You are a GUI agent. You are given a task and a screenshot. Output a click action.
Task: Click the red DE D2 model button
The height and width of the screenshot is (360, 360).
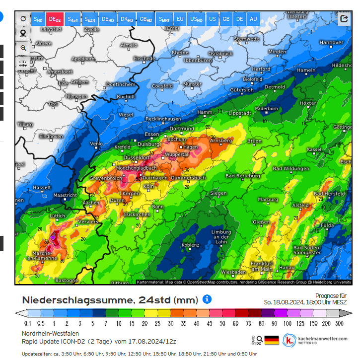(55, 19)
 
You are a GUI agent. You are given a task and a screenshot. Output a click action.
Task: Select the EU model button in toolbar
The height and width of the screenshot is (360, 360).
(180, 19)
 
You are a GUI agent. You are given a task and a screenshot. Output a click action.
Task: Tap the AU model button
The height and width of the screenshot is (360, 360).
(253, 19)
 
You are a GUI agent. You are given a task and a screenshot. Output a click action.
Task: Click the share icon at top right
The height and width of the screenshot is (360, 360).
(344, 19)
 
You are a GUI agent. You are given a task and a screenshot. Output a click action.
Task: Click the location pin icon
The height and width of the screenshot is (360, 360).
(23, 33)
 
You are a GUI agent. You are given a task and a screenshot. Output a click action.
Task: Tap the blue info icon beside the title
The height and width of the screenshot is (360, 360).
(207, 299)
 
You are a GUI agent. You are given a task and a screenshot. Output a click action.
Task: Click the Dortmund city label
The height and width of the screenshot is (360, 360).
(181, 129)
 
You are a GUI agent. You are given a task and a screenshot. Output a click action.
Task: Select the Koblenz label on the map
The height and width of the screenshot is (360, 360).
(190, 245)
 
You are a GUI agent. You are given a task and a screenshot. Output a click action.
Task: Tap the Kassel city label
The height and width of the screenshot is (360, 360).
(314, 149)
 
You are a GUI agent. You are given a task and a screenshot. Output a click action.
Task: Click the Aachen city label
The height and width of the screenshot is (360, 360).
(91, 203)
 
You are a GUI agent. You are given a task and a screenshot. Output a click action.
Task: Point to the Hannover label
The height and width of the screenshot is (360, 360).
(331, 43)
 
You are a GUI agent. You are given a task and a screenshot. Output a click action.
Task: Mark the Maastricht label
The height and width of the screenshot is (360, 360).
(65, 195)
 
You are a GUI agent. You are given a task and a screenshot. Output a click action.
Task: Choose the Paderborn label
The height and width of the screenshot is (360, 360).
(267, 108)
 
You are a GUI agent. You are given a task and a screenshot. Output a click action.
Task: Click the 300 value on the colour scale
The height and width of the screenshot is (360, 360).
(339, 323)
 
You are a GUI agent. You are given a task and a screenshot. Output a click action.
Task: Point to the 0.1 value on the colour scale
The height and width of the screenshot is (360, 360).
(28, 323)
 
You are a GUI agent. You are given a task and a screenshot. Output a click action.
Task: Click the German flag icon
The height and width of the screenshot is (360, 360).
(272, 340)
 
